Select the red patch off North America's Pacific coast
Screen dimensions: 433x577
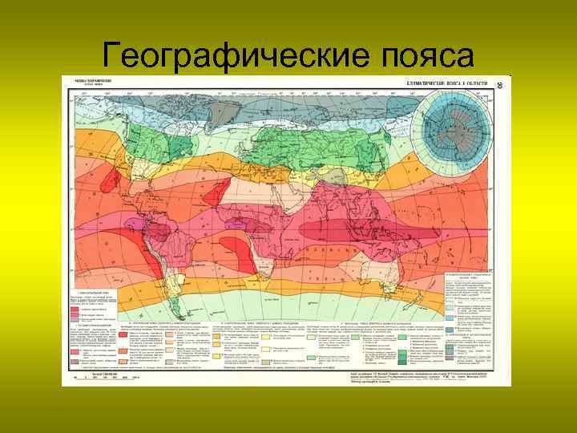click(109, 184)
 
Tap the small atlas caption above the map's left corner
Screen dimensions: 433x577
click(88, 83)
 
